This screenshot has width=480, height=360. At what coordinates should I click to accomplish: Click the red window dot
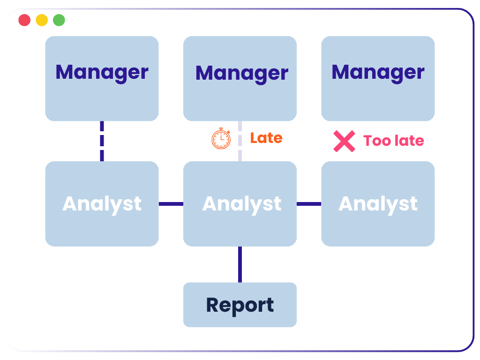pos(24,20)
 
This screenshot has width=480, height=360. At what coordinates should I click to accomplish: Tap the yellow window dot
pos(42,20)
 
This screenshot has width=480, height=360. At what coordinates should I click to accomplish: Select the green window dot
pos(59,20)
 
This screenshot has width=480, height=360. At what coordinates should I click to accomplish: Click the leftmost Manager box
pos(102,78)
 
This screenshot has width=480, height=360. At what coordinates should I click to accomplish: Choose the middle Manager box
pos(240,78)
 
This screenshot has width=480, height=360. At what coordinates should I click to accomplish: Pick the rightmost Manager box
pos(378,78)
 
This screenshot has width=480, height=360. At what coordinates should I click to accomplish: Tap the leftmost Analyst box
pos(102,204)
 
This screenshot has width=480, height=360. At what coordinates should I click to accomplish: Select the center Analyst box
pos(240,204)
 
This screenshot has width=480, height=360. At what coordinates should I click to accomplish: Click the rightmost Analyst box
pos(378,204)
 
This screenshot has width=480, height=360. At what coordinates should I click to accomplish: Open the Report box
pos(240,305)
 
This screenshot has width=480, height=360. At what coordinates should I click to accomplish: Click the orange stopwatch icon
pos(221,139)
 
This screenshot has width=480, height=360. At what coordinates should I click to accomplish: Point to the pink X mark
pos(344,141)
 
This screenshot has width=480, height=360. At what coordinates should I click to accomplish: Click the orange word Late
pos(266,138)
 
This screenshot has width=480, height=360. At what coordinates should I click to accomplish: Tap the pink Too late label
pos(393,141)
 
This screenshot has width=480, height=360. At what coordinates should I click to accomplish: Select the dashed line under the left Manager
pos(102,141)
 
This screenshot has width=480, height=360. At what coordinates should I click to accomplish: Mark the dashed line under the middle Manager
pos(240,141)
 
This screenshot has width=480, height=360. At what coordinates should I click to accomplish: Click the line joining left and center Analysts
pos(171,204)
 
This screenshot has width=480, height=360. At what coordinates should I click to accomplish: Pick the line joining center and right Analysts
pos(309,204)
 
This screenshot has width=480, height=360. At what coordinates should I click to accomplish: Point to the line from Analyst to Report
pos(240,264)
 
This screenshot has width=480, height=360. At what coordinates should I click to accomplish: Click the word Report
pos(240,305)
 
